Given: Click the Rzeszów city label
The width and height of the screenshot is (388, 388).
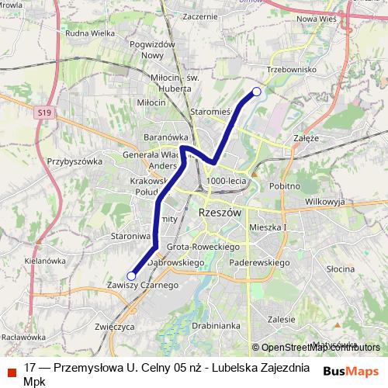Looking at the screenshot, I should (x=221, y=212).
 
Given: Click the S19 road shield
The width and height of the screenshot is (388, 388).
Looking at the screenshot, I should (x=44, y=113).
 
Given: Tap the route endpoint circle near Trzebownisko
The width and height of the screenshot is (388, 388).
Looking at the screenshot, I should (x=257, y=92).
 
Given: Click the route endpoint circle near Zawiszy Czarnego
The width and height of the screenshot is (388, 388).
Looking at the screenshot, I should (x=131, y=275).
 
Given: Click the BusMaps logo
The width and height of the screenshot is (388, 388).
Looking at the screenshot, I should (x=351, y=371).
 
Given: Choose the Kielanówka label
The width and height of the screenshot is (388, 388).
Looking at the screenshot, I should (x=44, y=262).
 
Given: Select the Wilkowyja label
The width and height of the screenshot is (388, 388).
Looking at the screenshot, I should (x=324, y=201).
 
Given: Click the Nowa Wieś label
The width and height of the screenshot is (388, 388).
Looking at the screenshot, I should (x=315, y=19).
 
